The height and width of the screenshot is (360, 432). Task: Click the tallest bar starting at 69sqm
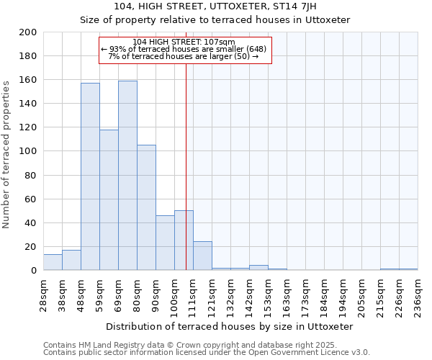(127, 176)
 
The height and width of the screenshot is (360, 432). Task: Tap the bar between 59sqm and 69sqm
(109, 200)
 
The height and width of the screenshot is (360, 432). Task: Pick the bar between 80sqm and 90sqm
(146, 207)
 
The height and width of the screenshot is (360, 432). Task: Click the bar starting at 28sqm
(53, 263)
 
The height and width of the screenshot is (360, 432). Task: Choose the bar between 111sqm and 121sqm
(202, 256)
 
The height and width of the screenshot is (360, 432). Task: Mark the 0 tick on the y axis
(34, 270)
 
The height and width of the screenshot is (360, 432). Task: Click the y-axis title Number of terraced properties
(6, 154)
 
